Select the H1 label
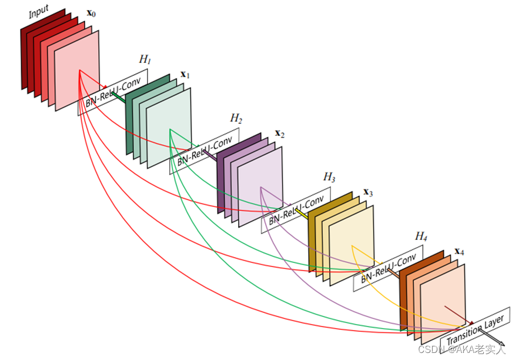pos(145,59)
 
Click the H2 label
pos(236,118)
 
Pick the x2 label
pos(279,134)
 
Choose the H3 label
pos(329,176)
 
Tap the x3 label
pos(369,192)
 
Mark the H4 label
pos(421,236)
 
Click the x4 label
pos(459,252)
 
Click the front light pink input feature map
pos(77,69)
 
